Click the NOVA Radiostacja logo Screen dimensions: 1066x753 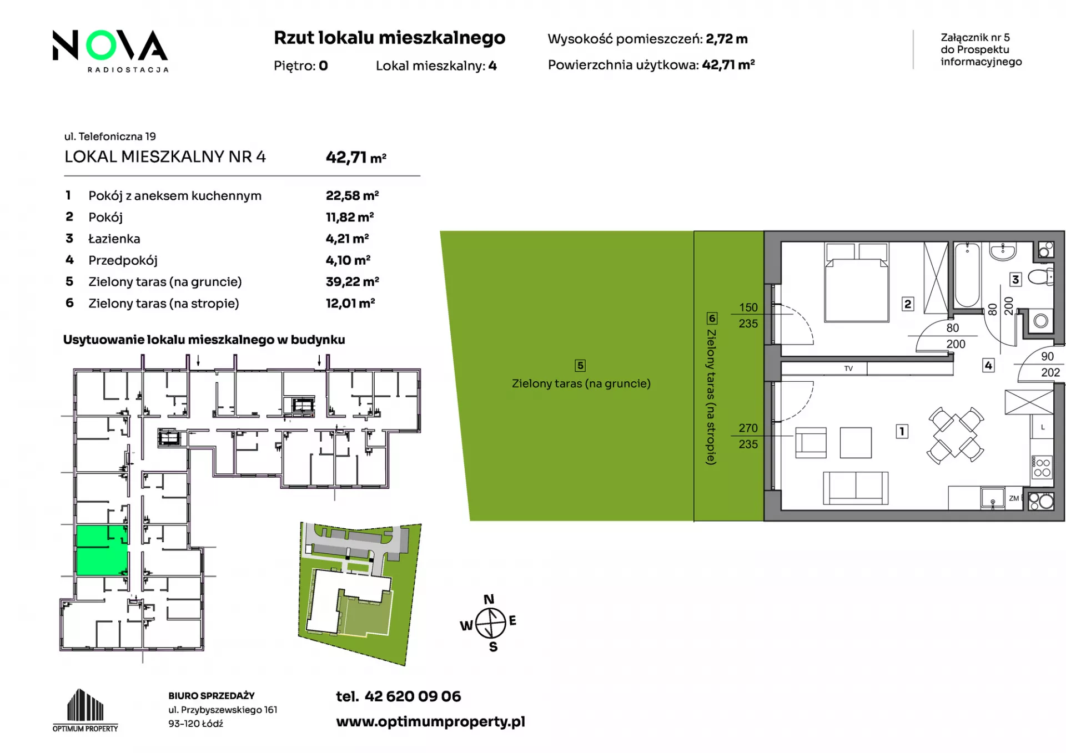[x=110, y=50]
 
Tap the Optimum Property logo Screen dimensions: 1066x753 [x=86, y=710]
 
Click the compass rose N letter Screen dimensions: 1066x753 [x=489, y=599]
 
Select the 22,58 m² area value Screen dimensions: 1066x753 [x=352, y=195]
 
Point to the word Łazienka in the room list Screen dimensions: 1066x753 [x=114, y=239]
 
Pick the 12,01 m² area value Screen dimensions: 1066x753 [x=350, y=303]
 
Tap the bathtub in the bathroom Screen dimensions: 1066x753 [x=967, y=274]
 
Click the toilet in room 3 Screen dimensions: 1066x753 [x=1040, y=276]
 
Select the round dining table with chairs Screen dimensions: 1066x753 [x=955, y=436]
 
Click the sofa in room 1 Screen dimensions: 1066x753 [x=856, y=488]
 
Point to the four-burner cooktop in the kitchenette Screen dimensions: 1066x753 [x=1042, y=467]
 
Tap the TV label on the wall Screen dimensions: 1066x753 [x=848, y=368]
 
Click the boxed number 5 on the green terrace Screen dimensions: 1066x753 [x=580, y=366]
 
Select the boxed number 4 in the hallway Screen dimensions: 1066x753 [x=988, y=366]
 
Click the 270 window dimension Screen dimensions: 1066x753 [x=748, y=428]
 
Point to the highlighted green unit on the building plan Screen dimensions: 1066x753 [x=102, y=550]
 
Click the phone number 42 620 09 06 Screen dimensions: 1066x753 [x=413, y=696]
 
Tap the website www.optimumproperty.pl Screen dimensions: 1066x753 [x=430, y=721]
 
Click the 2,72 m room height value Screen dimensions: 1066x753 [x=727, y=39]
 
